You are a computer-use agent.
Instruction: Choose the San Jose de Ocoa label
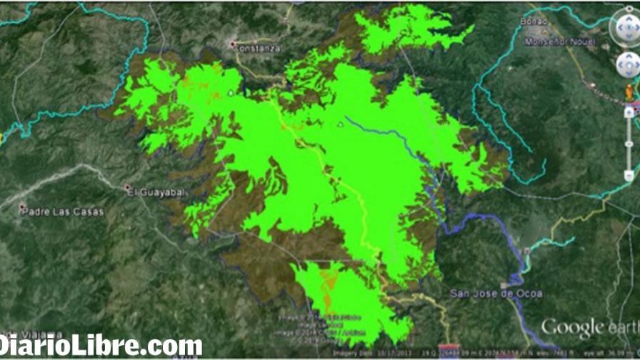coord(496,294)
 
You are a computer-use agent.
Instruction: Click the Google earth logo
coord(588,328)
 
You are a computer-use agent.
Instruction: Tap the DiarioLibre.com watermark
coord(101,346)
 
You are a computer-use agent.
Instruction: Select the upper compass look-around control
coord(626,27)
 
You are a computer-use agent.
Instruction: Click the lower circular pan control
coord(628,66)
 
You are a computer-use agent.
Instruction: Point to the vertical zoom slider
coord(629,143)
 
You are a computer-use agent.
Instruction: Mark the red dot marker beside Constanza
coord(232,44)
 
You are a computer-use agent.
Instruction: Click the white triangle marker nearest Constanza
coord(230,93)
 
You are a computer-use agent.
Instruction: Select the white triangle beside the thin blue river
coord(341,124)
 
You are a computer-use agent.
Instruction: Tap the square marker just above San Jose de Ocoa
coord(526,251)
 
